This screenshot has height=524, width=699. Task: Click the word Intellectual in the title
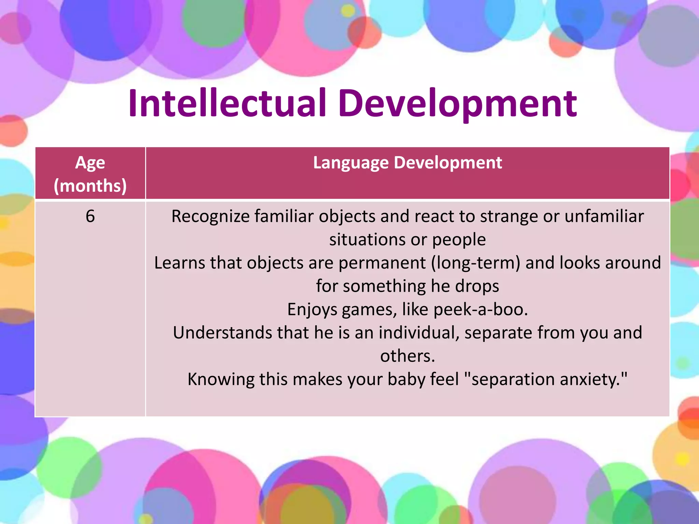[x=227, y=103]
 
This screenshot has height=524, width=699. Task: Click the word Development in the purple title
[x=457, y=103]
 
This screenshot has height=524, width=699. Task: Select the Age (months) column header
[x=90, y=174]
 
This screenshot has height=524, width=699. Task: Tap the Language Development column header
[x=408, y=163]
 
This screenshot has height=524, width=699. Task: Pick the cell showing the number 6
[x=90, y=216]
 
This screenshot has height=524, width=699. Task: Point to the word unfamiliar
[x=604, y=216]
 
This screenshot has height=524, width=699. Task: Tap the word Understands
[x=222, y=333]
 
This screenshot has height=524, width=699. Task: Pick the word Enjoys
[x=312, y=309]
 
